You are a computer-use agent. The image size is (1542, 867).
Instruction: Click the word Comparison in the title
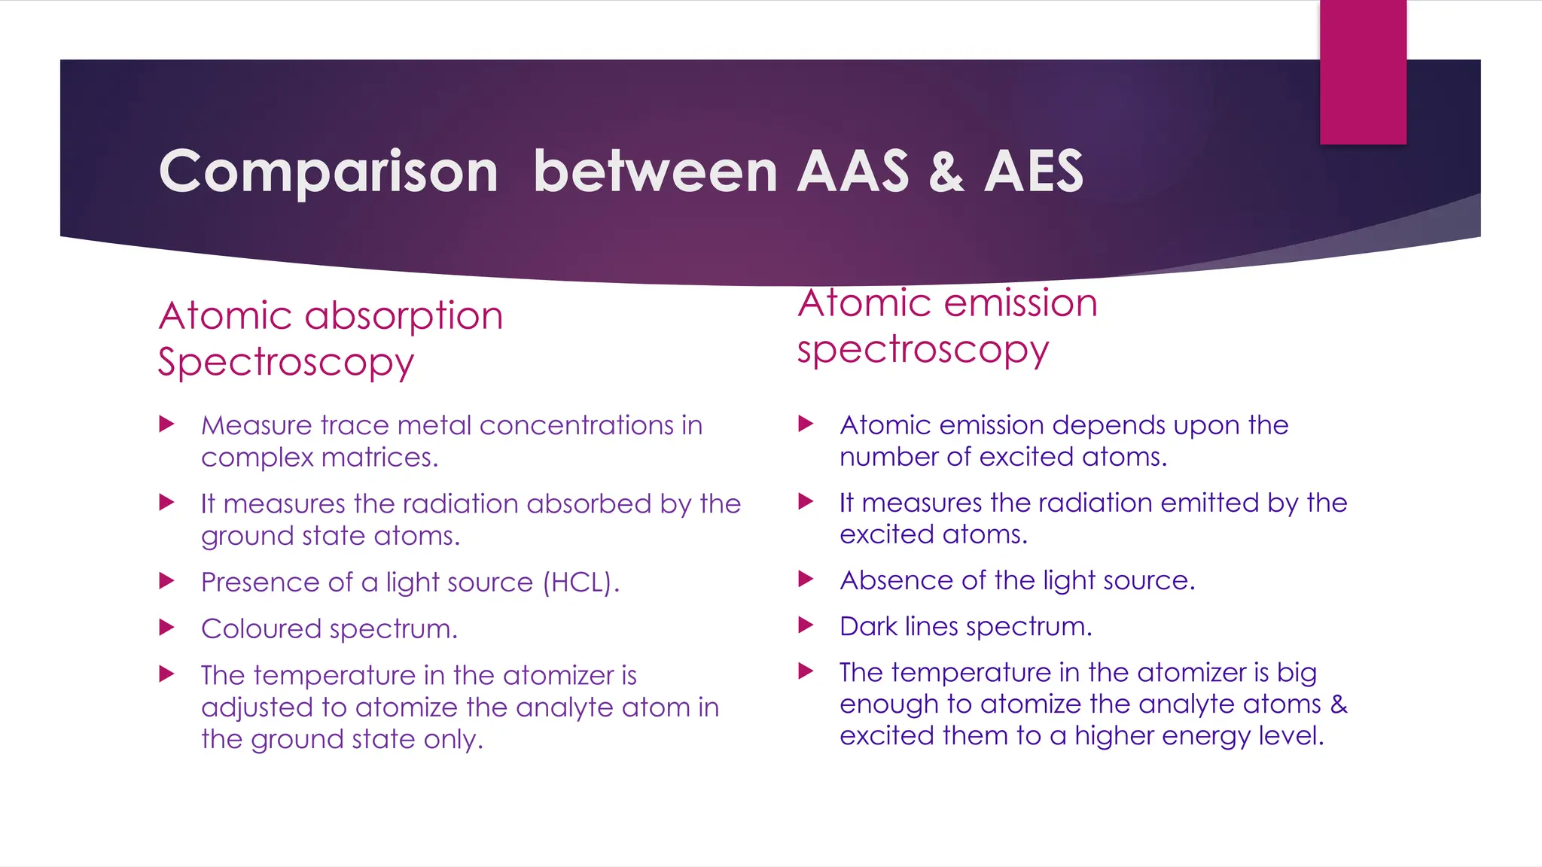(328, 172)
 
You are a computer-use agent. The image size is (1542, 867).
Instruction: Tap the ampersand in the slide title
(946, 172)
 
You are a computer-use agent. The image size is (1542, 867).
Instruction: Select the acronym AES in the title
(1034, 172)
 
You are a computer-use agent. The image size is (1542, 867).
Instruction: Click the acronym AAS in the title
(853, 172)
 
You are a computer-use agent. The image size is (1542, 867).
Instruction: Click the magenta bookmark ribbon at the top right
(1363, 71)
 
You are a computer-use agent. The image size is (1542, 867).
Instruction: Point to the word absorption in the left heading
(404, 316)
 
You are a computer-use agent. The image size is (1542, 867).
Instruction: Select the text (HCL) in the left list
(581, 583)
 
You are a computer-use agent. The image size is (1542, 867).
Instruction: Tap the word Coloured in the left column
(261, 628)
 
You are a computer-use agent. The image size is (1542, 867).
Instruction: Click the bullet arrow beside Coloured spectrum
(167, 628)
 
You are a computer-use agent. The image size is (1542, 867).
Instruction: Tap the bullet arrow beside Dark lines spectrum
(806, 625)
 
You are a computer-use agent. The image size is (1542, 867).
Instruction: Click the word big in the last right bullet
(1297, 673)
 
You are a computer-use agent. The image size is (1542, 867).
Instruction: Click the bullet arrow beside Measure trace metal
(167, 424)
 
